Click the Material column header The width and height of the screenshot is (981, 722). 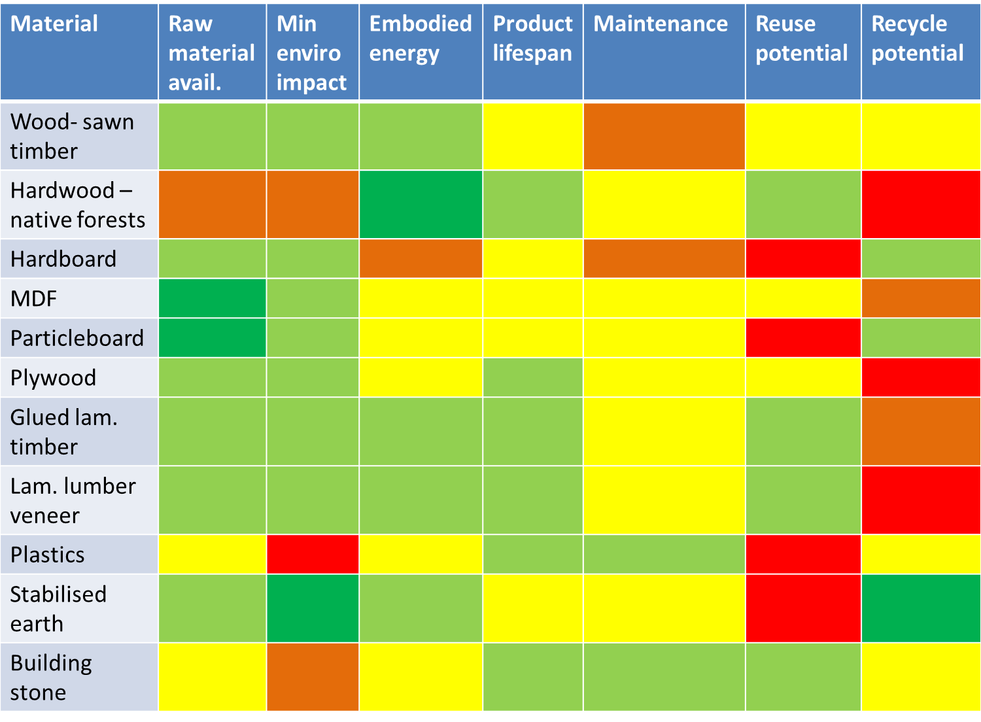coord(54,24)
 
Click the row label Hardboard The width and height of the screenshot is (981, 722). coord(63,259)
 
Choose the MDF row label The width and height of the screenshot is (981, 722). coord(34,299)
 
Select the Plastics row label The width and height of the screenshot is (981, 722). coord(48,555)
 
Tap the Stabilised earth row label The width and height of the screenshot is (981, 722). coord(58,608)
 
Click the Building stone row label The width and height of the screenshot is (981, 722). coord(51,677)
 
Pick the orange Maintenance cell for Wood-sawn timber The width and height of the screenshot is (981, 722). coord(664,136)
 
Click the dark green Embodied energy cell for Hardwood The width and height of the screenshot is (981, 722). coord(421,205)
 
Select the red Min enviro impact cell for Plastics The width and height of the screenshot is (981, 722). coord(313,554)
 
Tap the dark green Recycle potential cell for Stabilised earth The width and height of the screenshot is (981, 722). coord(920,608)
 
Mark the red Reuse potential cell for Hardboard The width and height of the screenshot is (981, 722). coord(803,258)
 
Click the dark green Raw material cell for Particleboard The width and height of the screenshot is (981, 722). coord(212,338)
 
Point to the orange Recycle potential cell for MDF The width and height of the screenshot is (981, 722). coord(920,298)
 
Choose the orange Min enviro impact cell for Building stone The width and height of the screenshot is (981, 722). coord(313,677)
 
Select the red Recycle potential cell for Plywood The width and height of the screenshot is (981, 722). coord(920,377)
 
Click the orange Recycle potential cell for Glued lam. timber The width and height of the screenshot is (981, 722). coord(920,432)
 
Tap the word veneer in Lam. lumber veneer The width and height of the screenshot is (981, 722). coord(45,515)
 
